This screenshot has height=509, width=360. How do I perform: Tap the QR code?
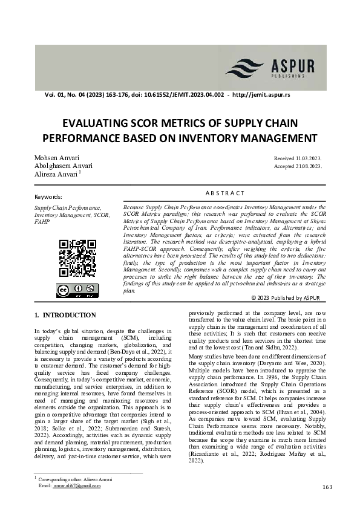tap(77, 258)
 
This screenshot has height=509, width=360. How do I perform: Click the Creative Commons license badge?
tap(77, 291)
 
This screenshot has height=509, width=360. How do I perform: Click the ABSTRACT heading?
tap(225, 193)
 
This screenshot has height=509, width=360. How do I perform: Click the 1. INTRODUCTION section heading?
tap(65, 315)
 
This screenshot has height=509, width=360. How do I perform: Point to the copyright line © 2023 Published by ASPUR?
tap(285, 298)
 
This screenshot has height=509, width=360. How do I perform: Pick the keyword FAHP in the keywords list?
tap(42, 221)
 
